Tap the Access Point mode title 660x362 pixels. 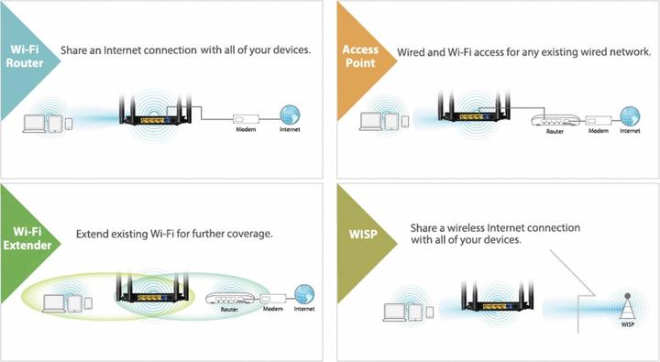(x=360, y=58)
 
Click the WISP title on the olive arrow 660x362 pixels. (x=361, y=234)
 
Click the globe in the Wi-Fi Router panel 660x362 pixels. (x=290, y=116)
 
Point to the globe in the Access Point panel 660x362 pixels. (x=629, y=116)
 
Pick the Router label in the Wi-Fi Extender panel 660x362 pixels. (x=230, y=310)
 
